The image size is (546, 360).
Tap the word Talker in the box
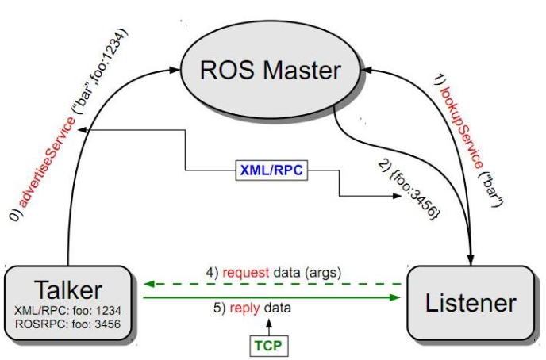click(x=67, y=287)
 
